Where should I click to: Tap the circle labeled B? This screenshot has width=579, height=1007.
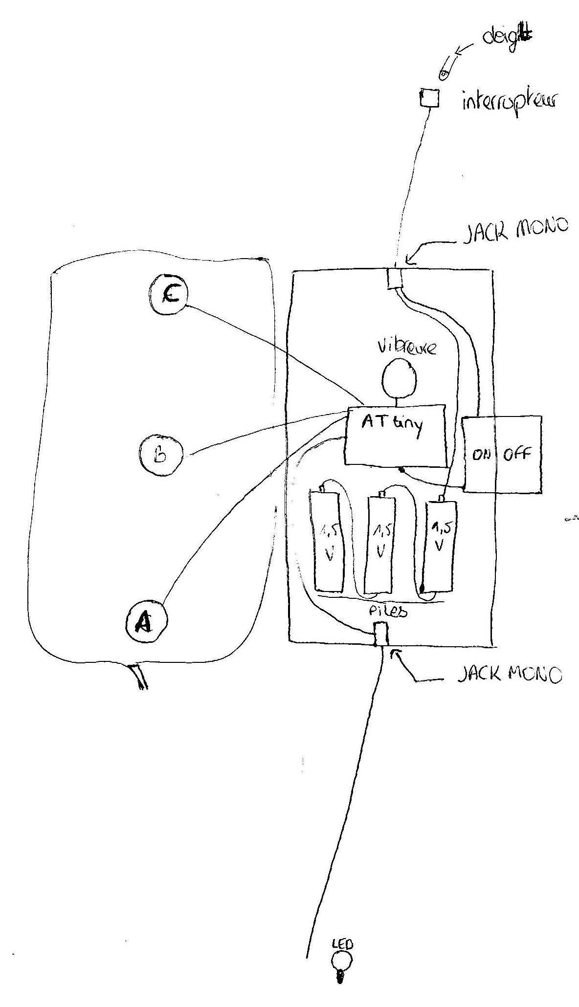point(161,454)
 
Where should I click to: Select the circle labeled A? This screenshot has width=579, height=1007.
point(146,620)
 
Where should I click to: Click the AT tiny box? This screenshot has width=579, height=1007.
point(395,434)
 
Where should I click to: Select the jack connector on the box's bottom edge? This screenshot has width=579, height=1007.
point(380,634)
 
